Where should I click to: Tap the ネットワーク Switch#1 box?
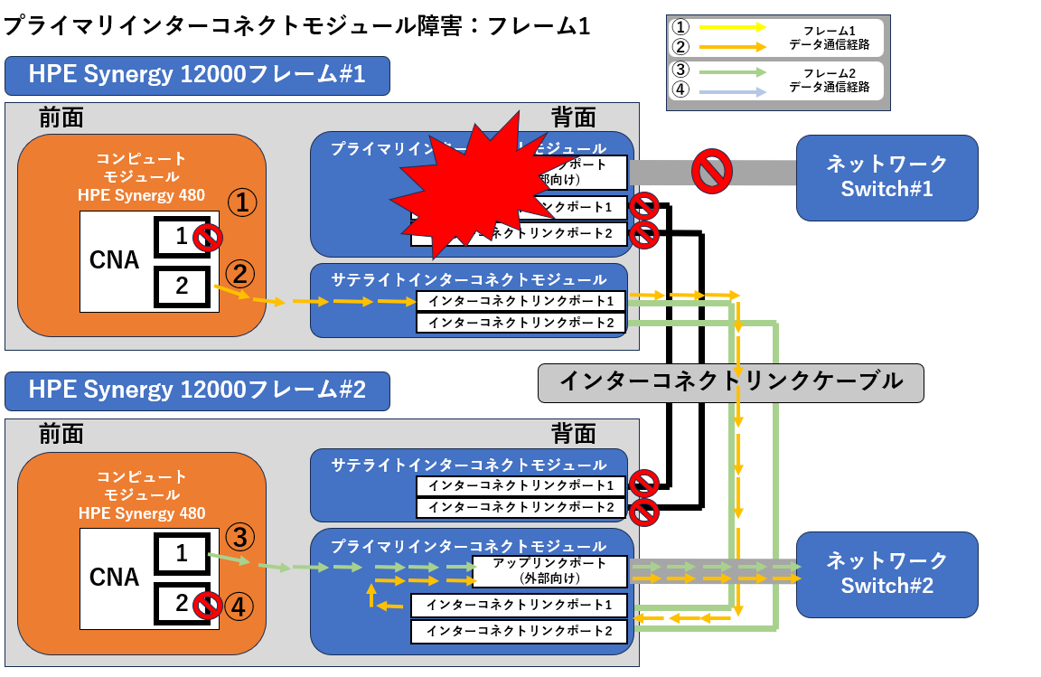coord(886,177)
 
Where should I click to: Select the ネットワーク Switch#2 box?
coord(886,574)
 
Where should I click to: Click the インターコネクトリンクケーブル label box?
coord(730,381)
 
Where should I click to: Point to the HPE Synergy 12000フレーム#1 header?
coord(197,75)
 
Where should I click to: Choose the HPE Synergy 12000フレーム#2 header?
coord(197,390)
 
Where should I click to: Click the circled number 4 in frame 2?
coord(239,606)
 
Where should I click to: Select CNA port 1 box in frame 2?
coord(182,553)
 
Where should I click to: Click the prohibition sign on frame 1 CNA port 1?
coord(209,238)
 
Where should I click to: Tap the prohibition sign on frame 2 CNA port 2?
coord(209,605)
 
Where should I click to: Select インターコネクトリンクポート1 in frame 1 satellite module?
coord(521,300)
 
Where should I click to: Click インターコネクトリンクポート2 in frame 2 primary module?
coord(519,631)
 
